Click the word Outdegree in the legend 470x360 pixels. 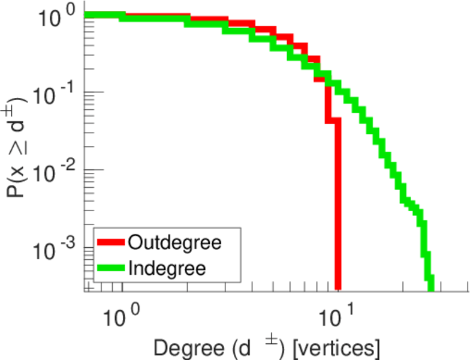coord(175,242)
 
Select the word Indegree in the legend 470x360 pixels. coord(166,268)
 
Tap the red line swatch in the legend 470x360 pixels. coord(110,243)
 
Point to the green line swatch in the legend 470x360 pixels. coord(110,268)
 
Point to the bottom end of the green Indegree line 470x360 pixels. coord(430,287)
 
